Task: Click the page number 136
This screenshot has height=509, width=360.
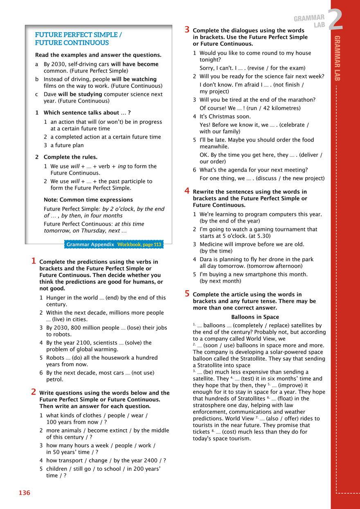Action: [x=24, y=493]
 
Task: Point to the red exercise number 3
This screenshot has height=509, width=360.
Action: [x=187, y=29]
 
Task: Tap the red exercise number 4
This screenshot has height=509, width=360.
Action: [x=187, y=191]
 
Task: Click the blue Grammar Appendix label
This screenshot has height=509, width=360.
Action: [x=90, y=244]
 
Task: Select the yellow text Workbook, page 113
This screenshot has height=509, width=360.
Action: [x=139, y=244]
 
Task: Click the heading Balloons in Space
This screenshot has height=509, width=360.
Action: [x=255, y=317]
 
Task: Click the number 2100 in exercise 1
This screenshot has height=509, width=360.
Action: [x=76, y=343]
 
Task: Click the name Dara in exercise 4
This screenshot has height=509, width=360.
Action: [x=207, y=259]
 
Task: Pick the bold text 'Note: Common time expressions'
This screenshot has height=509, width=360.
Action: [x=88, y=200]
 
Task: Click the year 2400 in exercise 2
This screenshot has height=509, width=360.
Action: [x=154, y=460]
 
